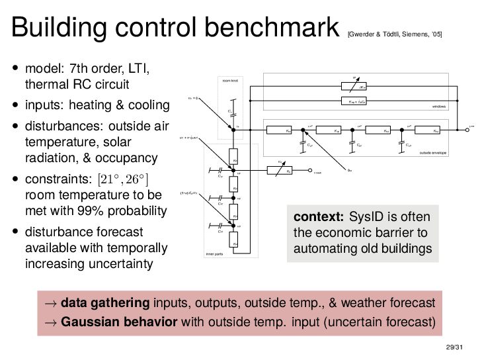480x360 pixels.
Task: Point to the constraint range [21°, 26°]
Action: (x=124, y=179)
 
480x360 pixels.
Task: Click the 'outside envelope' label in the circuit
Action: (x=432, y=152)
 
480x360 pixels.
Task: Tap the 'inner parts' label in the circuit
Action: (x=215, y=253)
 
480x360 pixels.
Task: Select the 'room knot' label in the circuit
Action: (x=229, y=81)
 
